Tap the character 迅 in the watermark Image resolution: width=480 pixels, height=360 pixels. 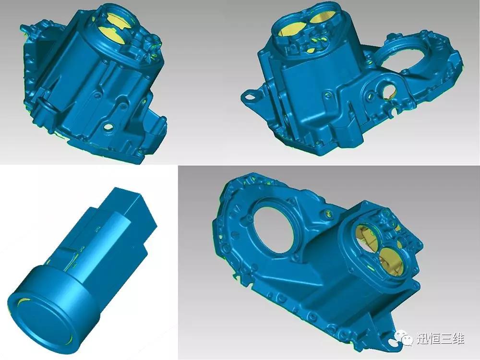(x=423, y=338)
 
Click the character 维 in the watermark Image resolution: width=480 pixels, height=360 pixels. (x=458, y=338)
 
